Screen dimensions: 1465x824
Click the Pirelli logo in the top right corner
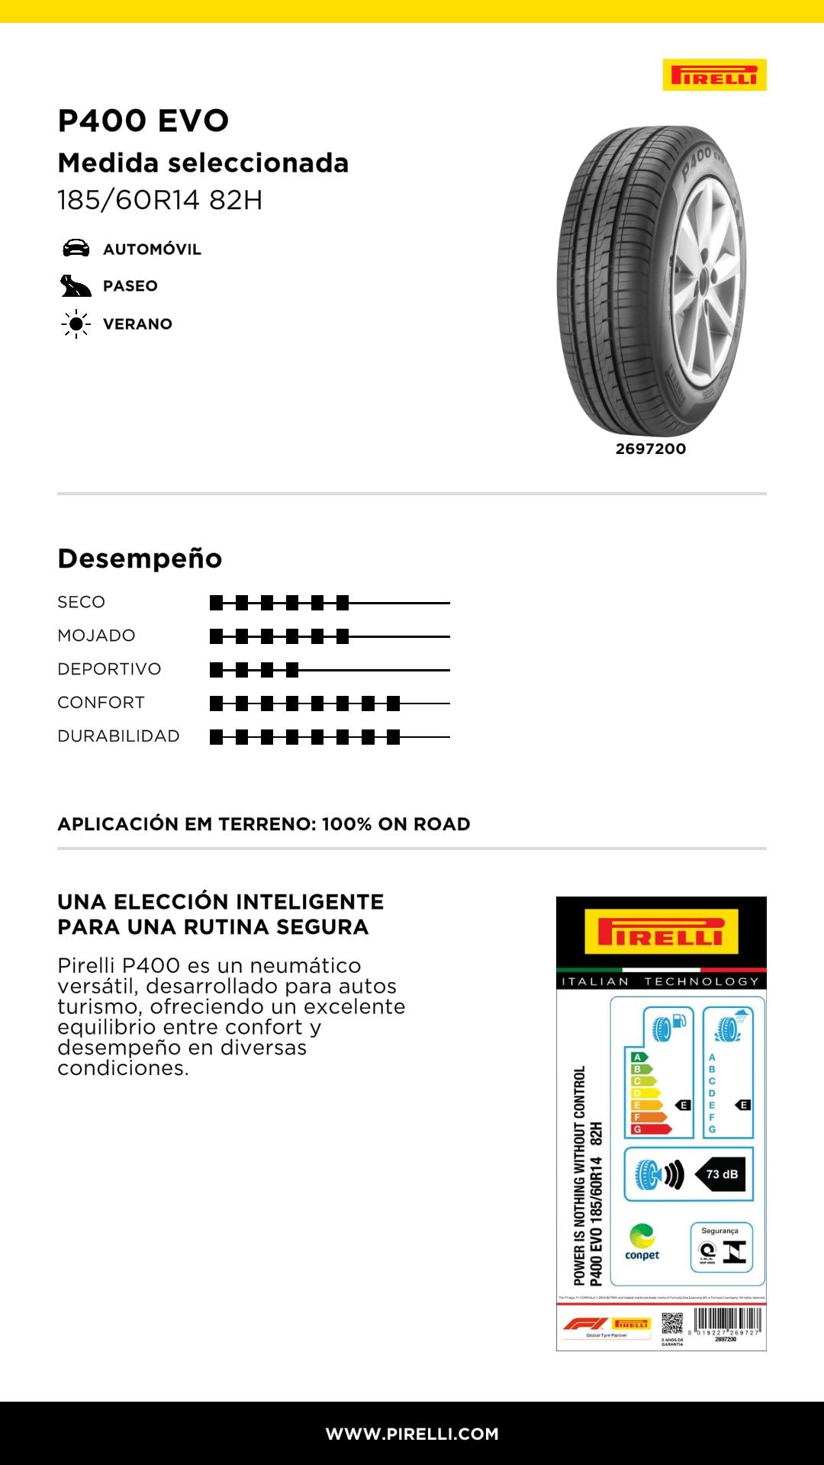[x=714, y=75]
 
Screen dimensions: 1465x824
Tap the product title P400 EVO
[x=143, y=121]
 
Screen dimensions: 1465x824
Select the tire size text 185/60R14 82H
[x=159, y=200]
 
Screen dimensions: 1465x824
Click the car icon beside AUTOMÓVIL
[x=76, y=248]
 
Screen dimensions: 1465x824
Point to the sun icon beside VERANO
[x=76, y=324]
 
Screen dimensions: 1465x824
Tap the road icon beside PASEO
[x=76, y=286]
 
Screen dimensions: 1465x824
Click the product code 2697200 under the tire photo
[x=651, y=449]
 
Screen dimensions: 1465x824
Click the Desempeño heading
[x=140, y=559]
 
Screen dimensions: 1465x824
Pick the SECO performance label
[x=81, y=602]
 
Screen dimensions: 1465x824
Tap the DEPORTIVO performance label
[x=109, y=669]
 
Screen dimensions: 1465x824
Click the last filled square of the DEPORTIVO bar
[x=291, y=670]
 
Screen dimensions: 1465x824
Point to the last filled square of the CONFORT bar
[x=393, y=704]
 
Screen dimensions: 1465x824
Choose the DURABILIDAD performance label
[x=118, y=736]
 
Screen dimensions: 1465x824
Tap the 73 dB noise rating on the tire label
[x=721, y=1174]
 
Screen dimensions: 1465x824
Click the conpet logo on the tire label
[x=642, y=1241]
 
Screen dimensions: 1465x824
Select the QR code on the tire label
[x=672, y=1324]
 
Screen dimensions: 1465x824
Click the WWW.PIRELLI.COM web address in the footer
[x=412, y=1434]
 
